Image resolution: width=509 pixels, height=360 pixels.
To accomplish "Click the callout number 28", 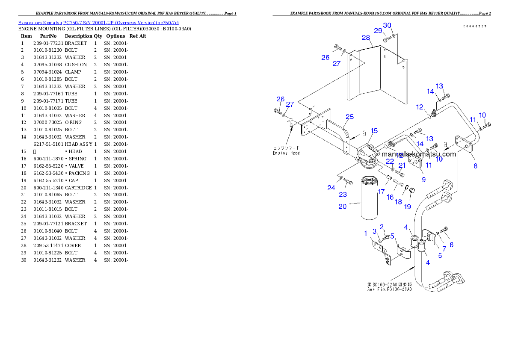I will click(366, 38).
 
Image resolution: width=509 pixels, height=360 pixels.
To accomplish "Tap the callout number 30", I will click(387, 25).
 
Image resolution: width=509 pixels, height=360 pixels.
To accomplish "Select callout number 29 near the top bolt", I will click(378, 30).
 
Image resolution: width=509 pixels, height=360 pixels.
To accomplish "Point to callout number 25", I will click(349, 117).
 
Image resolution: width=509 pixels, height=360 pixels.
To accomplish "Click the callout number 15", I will click(374, 130).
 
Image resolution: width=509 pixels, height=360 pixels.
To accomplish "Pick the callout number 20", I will click(342, 207).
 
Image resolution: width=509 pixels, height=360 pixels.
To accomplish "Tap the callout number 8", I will click(475, 166).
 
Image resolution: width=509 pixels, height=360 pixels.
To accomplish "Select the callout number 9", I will click(423, 180).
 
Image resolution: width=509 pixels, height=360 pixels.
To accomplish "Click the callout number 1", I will click(366, 233).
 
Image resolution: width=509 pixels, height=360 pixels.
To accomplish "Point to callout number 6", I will click(451, 245).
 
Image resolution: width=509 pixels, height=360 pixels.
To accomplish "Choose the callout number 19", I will click(408, 207).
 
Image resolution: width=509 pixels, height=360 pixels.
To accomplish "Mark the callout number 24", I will click(331, 188).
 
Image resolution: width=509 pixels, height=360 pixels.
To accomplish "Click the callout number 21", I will click(402, 165).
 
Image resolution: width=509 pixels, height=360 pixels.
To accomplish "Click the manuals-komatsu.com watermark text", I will click(419, 154).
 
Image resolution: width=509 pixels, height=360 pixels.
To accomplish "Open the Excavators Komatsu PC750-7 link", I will click(98, 22).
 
